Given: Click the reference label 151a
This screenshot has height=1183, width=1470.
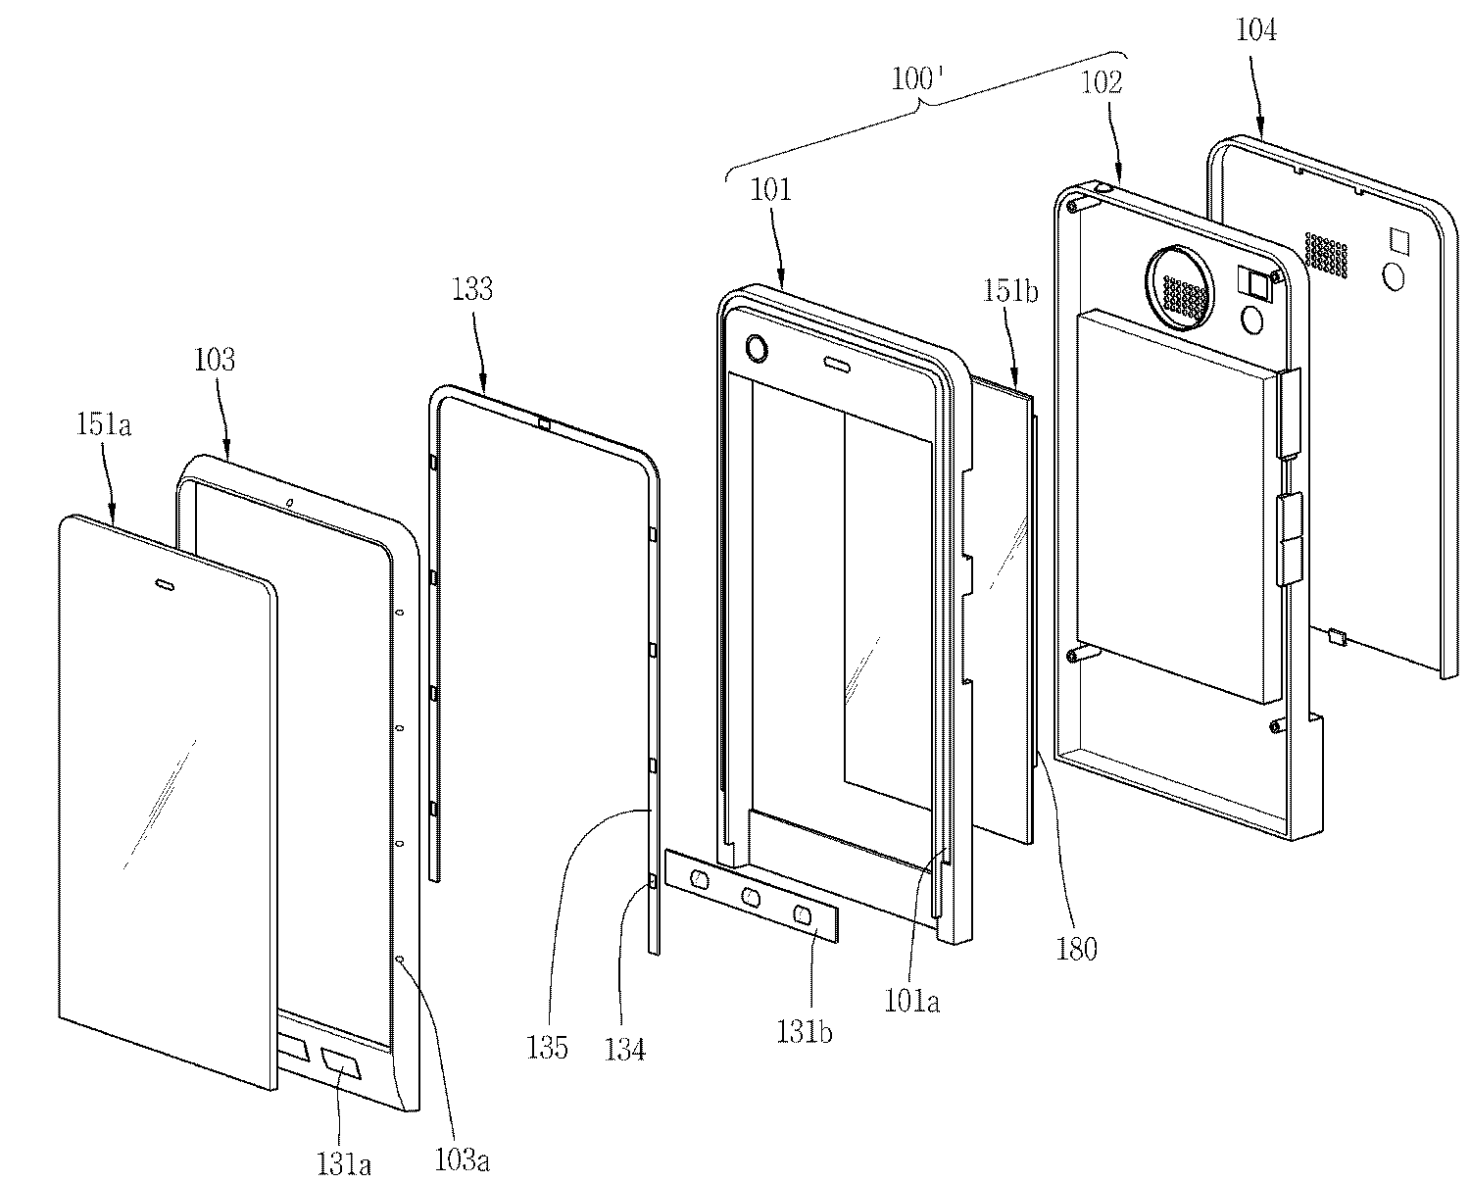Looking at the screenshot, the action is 103,425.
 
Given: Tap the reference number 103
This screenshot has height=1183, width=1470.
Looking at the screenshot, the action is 215,360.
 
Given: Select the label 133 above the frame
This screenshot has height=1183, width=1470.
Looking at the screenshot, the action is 472,289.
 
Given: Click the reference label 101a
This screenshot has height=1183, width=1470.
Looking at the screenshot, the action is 912,1002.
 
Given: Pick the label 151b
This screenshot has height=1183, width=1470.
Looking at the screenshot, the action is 1010,291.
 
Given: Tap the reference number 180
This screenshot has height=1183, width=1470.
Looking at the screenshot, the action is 1077,950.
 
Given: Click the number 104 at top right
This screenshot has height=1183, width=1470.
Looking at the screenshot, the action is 1256,30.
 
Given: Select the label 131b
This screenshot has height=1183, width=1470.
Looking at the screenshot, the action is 804,1032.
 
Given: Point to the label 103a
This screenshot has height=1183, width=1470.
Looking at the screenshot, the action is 462,1159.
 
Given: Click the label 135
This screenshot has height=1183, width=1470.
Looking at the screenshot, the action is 547,1048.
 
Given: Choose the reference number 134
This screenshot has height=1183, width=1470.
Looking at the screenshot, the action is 625,1049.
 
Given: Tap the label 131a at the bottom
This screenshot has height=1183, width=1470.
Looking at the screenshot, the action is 344,1163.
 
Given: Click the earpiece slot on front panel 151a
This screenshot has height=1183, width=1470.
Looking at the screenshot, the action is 165,584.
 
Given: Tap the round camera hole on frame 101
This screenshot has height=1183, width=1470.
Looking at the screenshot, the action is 757,349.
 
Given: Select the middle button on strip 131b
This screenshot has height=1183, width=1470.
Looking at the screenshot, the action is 751,895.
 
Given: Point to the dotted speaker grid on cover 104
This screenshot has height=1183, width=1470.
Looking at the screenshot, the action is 1327,255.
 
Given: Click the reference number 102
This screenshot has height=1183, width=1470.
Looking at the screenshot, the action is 1102,82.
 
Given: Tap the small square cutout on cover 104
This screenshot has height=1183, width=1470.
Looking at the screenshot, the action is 1399,239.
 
